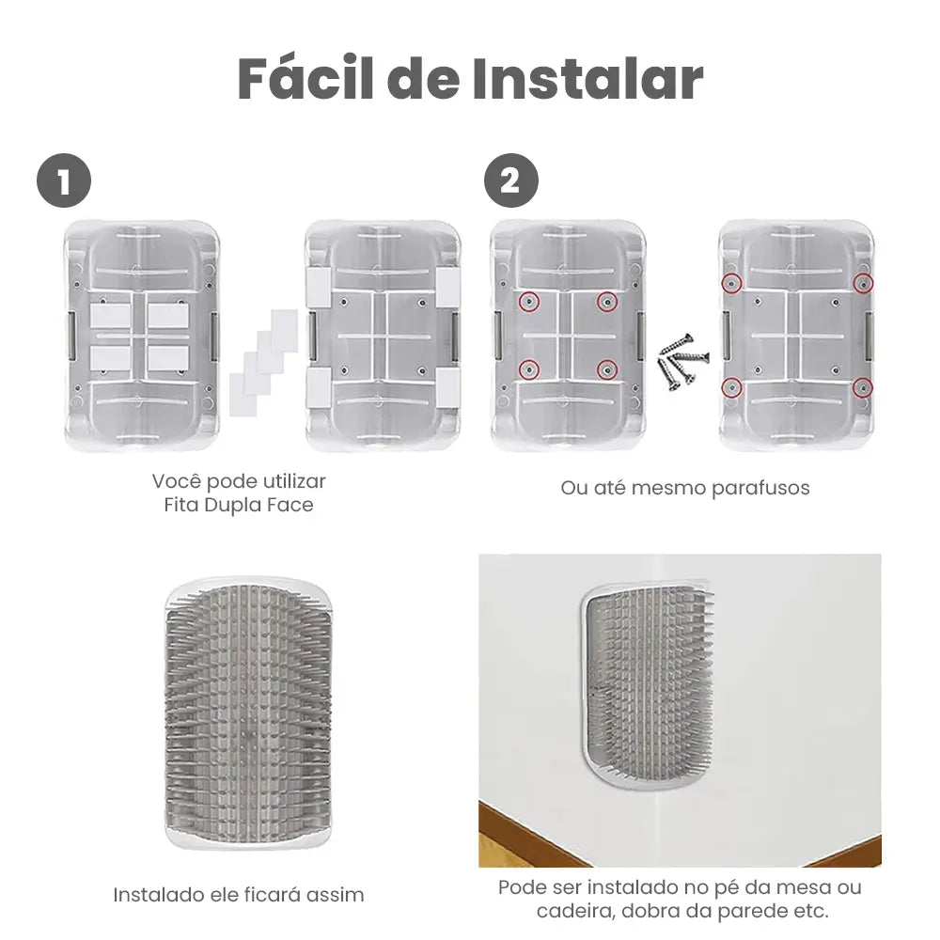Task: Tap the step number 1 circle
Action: click(x=63, y=181)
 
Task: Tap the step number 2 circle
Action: click(x=510, y=181)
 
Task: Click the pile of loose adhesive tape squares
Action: click(x=263, y=357)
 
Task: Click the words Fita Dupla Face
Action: click(x=239, y=506)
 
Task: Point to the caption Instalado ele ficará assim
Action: click(x=238, y=894)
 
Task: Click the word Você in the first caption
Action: click(x=177, y=481)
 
